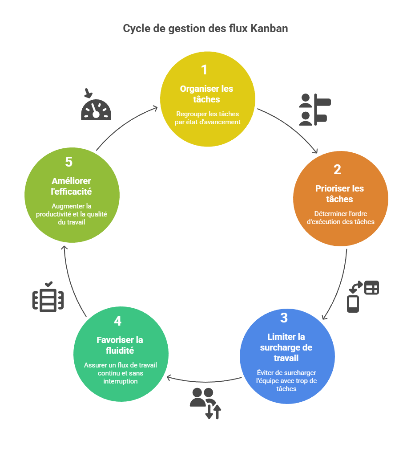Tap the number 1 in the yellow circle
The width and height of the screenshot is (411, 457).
click(204, 70)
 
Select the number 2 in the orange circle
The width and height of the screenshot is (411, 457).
click(337, 170)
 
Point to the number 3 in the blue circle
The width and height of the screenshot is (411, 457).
click(284, 318)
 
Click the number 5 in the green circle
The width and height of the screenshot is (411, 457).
click(68, 162)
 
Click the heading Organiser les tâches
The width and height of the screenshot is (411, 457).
click(206, 94)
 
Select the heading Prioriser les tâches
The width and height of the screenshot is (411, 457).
click(340, 194)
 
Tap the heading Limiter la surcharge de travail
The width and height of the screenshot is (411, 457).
click(286, 347)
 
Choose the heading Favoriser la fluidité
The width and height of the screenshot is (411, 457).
click(120, 345)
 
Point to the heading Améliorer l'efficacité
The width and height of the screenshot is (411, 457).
click(71, 186)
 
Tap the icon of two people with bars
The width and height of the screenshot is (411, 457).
click(314, 110)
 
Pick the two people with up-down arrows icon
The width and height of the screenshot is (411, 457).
click(205, 403)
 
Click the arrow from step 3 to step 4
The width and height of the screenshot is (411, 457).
click(205, 381)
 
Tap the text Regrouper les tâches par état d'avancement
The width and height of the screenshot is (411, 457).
click(207, 118)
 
